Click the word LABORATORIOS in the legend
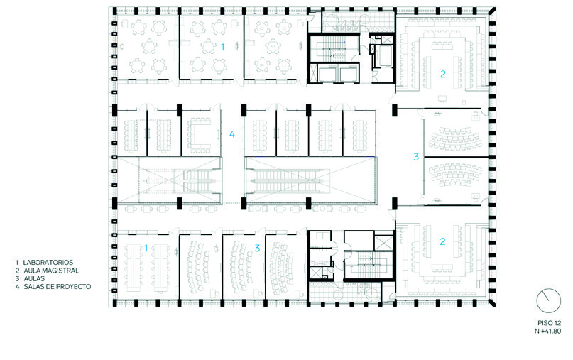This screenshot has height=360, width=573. (x=48, y=263)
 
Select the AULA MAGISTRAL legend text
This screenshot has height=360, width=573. (x=51, y=271)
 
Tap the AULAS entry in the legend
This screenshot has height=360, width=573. (x=34, y=279)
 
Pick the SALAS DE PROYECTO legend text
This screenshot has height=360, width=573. (x=58, y=287)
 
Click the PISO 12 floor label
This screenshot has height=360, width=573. (x=550, y=324)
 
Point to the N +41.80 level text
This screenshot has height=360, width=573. (x=548, y=332)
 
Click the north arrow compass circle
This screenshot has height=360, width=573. (x=549, y=301)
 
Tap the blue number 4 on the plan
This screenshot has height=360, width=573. (x=232, y=134)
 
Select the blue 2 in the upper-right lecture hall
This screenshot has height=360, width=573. (x=443, y=74)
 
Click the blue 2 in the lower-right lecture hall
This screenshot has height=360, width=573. (x=442, y=241)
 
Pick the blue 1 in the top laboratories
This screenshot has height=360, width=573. (x=222, y=47)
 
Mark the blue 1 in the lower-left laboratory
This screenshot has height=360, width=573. (x=146, y=249)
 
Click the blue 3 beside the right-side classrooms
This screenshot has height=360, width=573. (x=416, y=157)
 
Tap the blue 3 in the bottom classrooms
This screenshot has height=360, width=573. (x=257, y=249)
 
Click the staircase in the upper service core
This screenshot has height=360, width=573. (x=334, y=48)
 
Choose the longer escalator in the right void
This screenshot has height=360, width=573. (x=289, y=180)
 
